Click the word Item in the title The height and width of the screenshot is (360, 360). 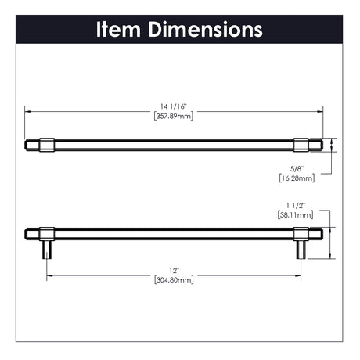point(119,30)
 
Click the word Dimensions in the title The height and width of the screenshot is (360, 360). point(206,30)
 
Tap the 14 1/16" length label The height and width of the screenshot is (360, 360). point(174,106)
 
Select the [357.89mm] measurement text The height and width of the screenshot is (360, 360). point(174,116)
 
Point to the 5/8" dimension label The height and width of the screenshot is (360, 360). point(297,169)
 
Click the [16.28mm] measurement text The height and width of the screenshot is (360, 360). point(297,178)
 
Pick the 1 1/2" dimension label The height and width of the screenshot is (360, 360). point(296,206)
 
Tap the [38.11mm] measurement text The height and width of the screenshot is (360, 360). point(296,215)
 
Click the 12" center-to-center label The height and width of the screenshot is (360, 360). point(174,271)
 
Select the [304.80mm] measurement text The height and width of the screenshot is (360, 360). point(174,280)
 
